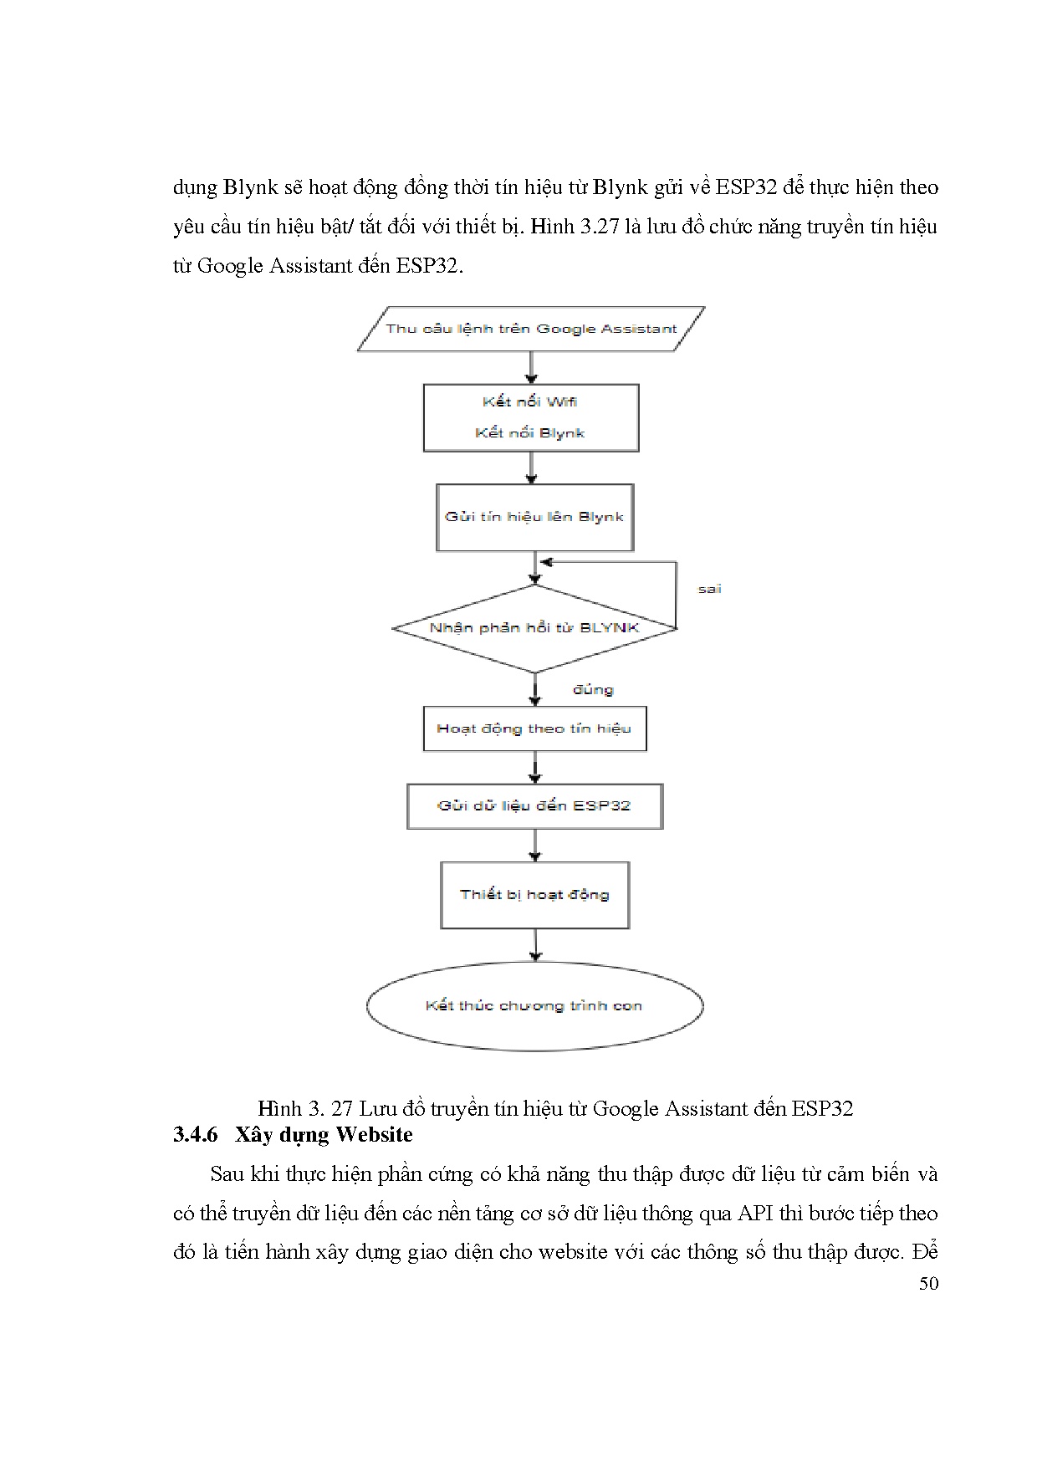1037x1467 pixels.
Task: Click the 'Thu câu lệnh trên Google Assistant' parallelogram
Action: point(531,329)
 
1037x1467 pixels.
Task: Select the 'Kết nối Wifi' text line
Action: point(529,402)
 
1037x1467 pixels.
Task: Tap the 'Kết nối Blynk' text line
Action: point(529,433)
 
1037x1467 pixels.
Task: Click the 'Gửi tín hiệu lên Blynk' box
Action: point(534,517)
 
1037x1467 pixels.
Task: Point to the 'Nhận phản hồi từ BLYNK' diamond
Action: point(534,627)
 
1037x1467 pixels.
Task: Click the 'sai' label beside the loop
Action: point(709,589)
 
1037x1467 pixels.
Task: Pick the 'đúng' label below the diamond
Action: point(593,690)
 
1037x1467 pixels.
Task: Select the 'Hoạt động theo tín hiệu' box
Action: point(534,728)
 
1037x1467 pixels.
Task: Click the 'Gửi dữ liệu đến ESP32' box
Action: point(534,806)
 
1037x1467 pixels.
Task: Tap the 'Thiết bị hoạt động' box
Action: point(534,895)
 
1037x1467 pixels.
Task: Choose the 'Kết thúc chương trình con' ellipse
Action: point(534,1006)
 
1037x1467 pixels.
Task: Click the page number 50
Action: point(928,1284)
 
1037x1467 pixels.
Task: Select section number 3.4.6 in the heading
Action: point(196,1135)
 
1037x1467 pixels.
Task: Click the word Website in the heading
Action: point(374,1135)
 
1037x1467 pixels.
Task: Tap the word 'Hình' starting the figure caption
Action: point(279,1109)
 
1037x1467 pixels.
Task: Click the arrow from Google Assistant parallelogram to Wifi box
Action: point(531,367)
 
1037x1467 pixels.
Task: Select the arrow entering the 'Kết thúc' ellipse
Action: point(535,945)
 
